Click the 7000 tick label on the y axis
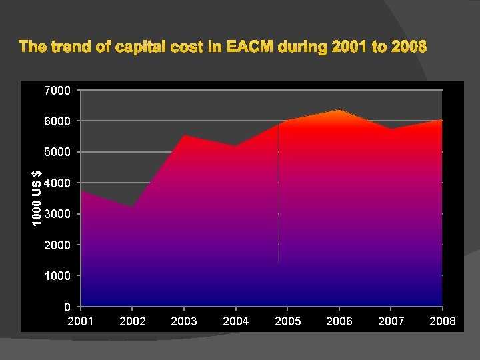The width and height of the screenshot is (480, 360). (x=57, y=90)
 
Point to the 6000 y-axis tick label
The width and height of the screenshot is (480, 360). (x=57, y=121)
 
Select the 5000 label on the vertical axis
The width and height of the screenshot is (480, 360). (x=57, y=152)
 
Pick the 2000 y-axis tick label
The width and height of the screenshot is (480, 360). (x=57, y=245)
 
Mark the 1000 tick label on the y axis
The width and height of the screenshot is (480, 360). (x=57, y=275)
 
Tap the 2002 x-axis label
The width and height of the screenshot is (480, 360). (x=132, y=321)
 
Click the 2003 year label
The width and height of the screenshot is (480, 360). (x=184, y=321)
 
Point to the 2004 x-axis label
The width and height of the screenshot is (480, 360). (x=235, y=321)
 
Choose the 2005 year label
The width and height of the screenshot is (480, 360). (x=287, y=321)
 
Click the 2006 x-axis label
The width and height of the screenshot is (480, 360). (x=339, y=321)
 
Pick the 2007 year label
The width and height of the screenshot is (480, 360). (x=391, y=321)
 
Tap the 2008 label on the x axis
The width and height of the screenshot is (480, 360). (x=443, y=321)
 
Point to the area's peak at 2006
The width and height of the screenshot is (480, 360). (x=339, y=110)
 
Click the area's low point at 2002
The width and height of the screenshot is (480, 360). (x=132, y=207)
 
